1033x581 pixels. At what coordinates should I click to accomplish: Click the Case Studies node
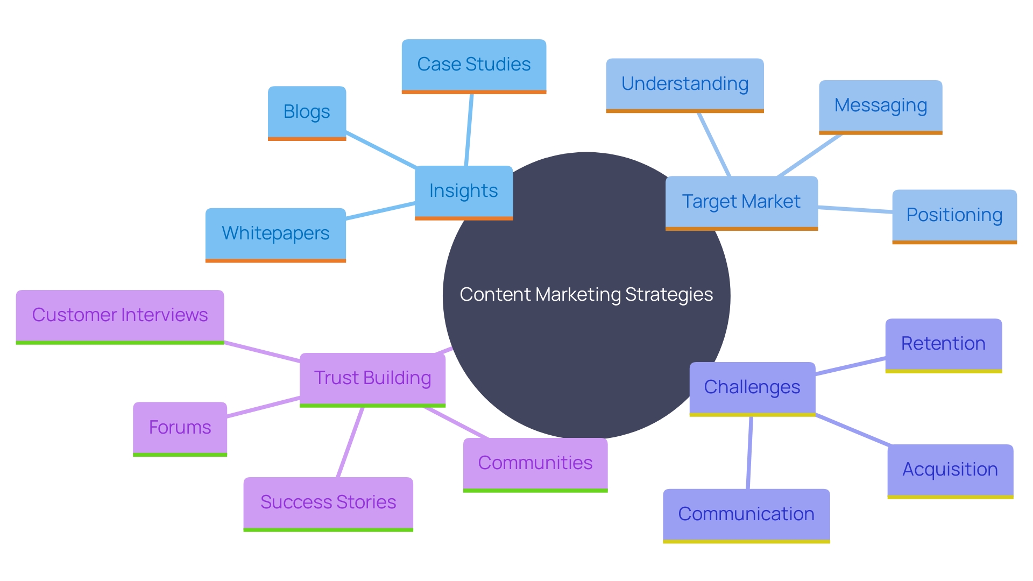coord(473,65)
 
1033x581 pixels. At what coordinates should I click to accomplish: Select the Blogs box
coord(307,112)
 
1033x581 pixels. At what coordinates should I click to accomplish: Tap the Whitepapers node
coord(275,233)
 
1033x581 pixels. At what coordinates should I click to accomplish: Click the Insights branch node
coord(463,191)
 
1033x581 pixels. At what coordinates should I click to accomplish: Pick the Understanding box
coord(684,84)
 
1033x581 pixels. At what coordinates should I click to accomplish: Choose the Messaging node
coord(880,106)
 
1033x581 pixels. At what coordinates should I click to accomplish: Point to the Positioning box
coord(954,215)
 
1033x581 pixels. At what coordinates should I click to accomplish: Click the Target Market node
coord(741,202)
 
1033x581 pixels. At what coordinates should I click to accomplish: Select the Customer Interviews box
coord(119,315)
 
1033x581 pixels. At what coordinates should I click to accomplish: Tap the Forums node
coord(180,428)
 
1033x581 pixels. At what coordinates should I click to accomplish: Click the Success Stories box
coord(328,502)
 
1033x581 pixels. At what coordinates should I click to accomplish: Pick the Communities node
coord(535,463)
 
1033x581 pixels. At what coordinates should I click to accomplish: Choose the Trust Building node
coord(372,378)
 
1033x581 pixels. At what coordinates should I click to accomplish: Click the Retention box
coord(943,344)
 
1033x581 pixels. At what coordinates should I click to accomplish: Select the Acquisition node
coord(950,470)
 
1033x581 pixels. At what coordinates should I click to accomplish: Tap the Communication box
coord(746,514)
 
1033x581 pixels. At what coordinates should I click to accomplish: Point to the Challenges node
coord(752,387)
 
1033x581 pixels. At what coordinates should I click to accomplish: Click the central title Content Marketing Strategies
coord(586,295)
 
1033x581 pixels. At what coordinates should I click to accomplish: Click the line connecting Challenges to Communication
coord(749,452)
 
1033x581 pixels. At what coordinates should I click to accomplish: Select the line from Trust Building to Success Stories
coord(350,442)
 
